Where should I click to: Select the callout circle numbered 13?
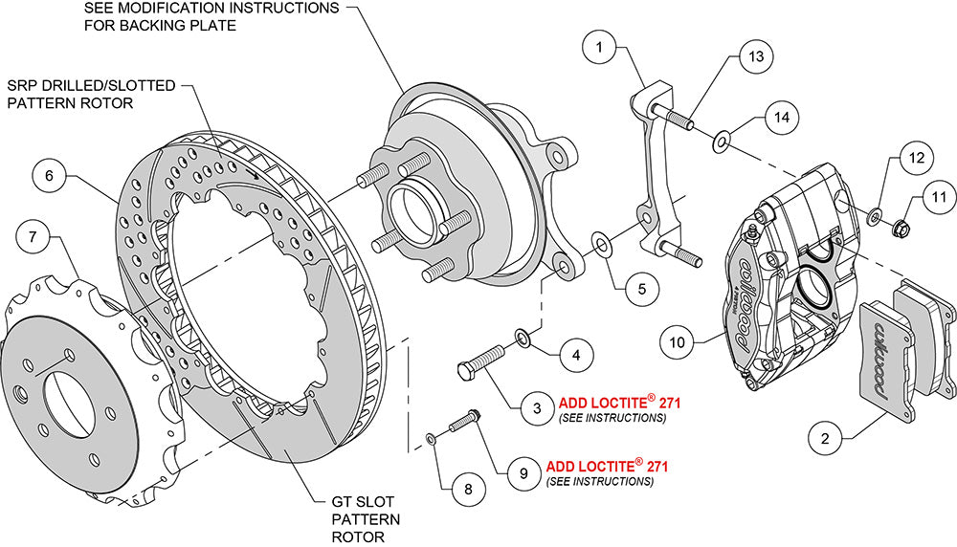pos(756,57)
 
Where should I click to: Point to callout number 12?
pos(916,156)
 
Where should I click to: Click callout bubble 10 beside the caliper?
pos(677,341)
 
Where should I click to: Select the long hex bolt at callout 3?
pos(487,361)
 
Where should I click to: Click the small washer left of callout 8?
pos(431,439)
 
